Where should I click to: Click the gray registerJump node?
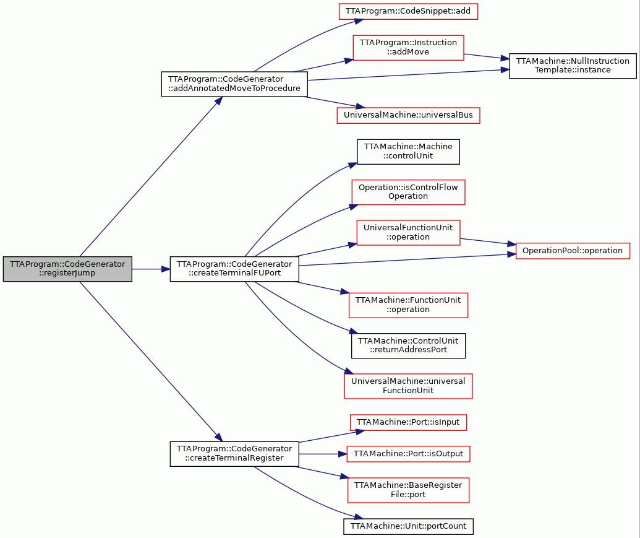click(x=67, y=269)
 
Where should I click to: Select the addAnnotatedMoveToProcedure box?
click(x=234, y=84)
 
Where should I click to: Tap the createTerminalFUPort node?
click(x=234, y=269)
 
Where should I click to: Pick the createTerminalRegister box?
click(x=234, y=454)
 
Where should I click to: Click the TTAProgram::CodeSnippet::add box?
click(x=408, y=11)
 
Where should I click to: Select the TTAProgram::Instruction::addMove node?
click(x=408, y=48)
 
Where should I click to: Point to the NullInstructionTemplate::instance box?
click(x=573, y=66)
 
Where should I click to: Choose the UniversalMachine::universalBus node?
click(x=408, y=115)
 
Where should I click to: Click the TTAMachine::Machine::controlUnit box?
click(x=408, y=152)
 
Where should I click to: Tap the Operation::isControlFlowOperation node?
click(x=408, y=192)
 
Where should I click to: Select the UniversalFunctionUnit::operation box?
click(x=408, y=233)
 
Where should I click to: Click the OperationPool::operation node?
click(x=573, y=251)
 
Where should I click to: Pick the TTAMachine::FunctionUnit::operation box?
click(x=408, y=305)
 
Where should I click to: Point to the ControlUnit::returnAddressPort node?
click(x=408, y=345)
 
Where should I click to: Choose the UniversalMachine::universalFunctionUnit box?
click(x=408, y=386)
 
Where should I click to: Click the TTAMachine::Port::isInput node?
click(x=408, y=422)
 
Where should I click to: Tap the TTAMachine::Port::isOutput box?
click(x=408, y=454)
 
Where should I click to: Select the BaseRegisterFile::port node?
click(x=408, y=490)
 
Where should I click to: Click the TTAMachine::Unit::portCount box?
click(x=408, y=526)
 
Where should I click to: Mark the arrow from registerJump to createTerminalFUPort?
click(x=151, y=269)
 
